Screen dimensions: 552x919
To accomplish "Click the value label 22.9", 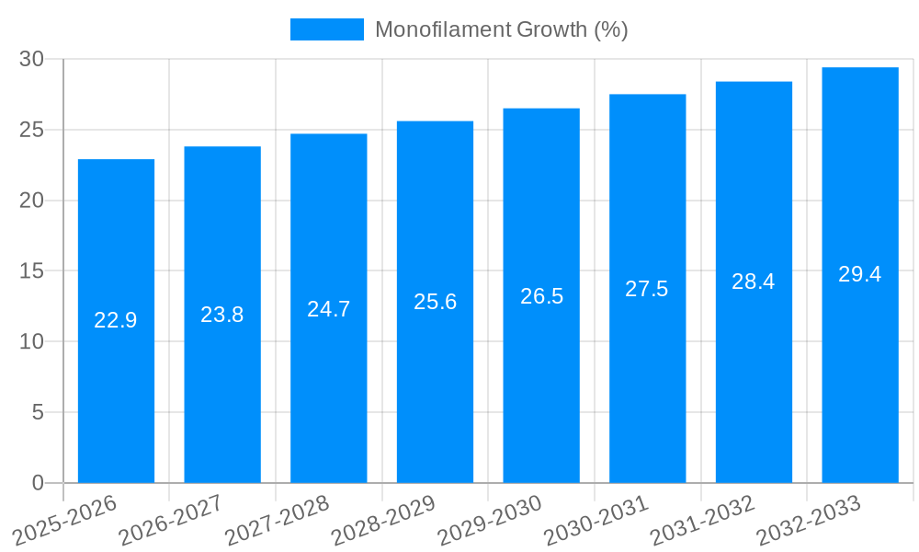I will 116,320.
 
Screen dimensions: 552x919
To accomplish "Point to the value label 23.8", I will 222,315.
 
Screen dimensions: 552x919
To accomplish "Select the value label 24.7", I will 329,309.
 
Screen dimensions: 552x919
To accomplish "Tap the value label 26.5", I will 541,296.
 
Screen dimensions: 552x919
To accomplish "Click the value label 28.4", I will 754,282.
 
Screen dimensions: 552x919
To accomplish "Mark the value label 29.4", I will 860,274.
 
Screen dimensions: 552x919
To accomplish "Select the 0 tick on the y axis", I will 38,483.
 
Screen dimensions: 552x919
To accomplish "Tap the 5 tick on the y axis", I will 38,412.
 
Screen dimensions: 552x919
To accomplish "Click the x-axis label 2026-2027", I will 171,521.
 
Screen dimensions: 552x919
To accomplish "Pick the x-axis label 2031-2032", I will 702,521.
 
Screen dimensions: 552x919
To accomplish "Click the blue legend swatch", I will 326,29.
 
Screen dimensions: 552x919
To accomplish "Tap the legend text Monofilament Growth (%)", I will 501,29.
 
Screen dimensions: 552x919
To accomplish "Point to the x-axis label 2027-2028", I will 277,521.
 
